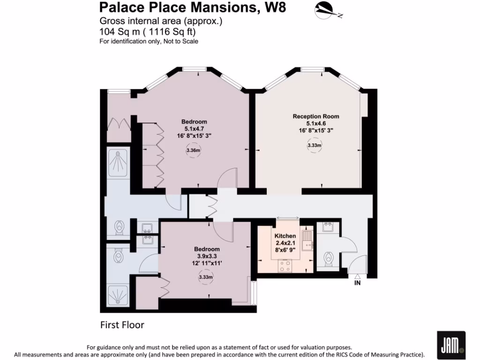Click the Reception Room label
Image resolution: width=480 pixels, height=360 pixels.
pos(316,116)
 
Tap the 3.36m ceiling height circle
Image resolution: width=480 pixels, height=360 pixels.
pos(193,150)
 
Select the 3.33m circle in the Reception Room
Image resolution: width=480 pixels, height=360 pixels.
pos(314,146)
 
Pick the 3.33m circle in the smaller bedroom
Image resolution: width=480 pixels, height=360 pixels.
pos(206,277)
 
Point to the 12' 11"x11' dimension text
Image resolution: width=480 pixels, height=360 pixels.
pos(207,263)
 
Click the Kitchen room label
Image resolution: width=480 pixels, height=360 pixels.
pos(285,236)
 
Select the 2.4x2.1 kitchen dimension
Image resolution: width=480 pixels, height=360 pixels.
pos(285,243)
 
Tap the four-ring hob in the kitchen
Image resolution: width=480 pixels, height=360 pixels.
pos(285,265)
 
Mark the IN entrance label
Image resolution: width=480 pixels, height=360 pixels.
pos(357,283)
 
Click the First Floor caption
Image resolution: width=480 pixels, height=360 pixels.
pos(122,325)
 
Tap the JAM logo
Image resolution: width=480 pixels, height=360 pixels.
pos(451,345)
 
